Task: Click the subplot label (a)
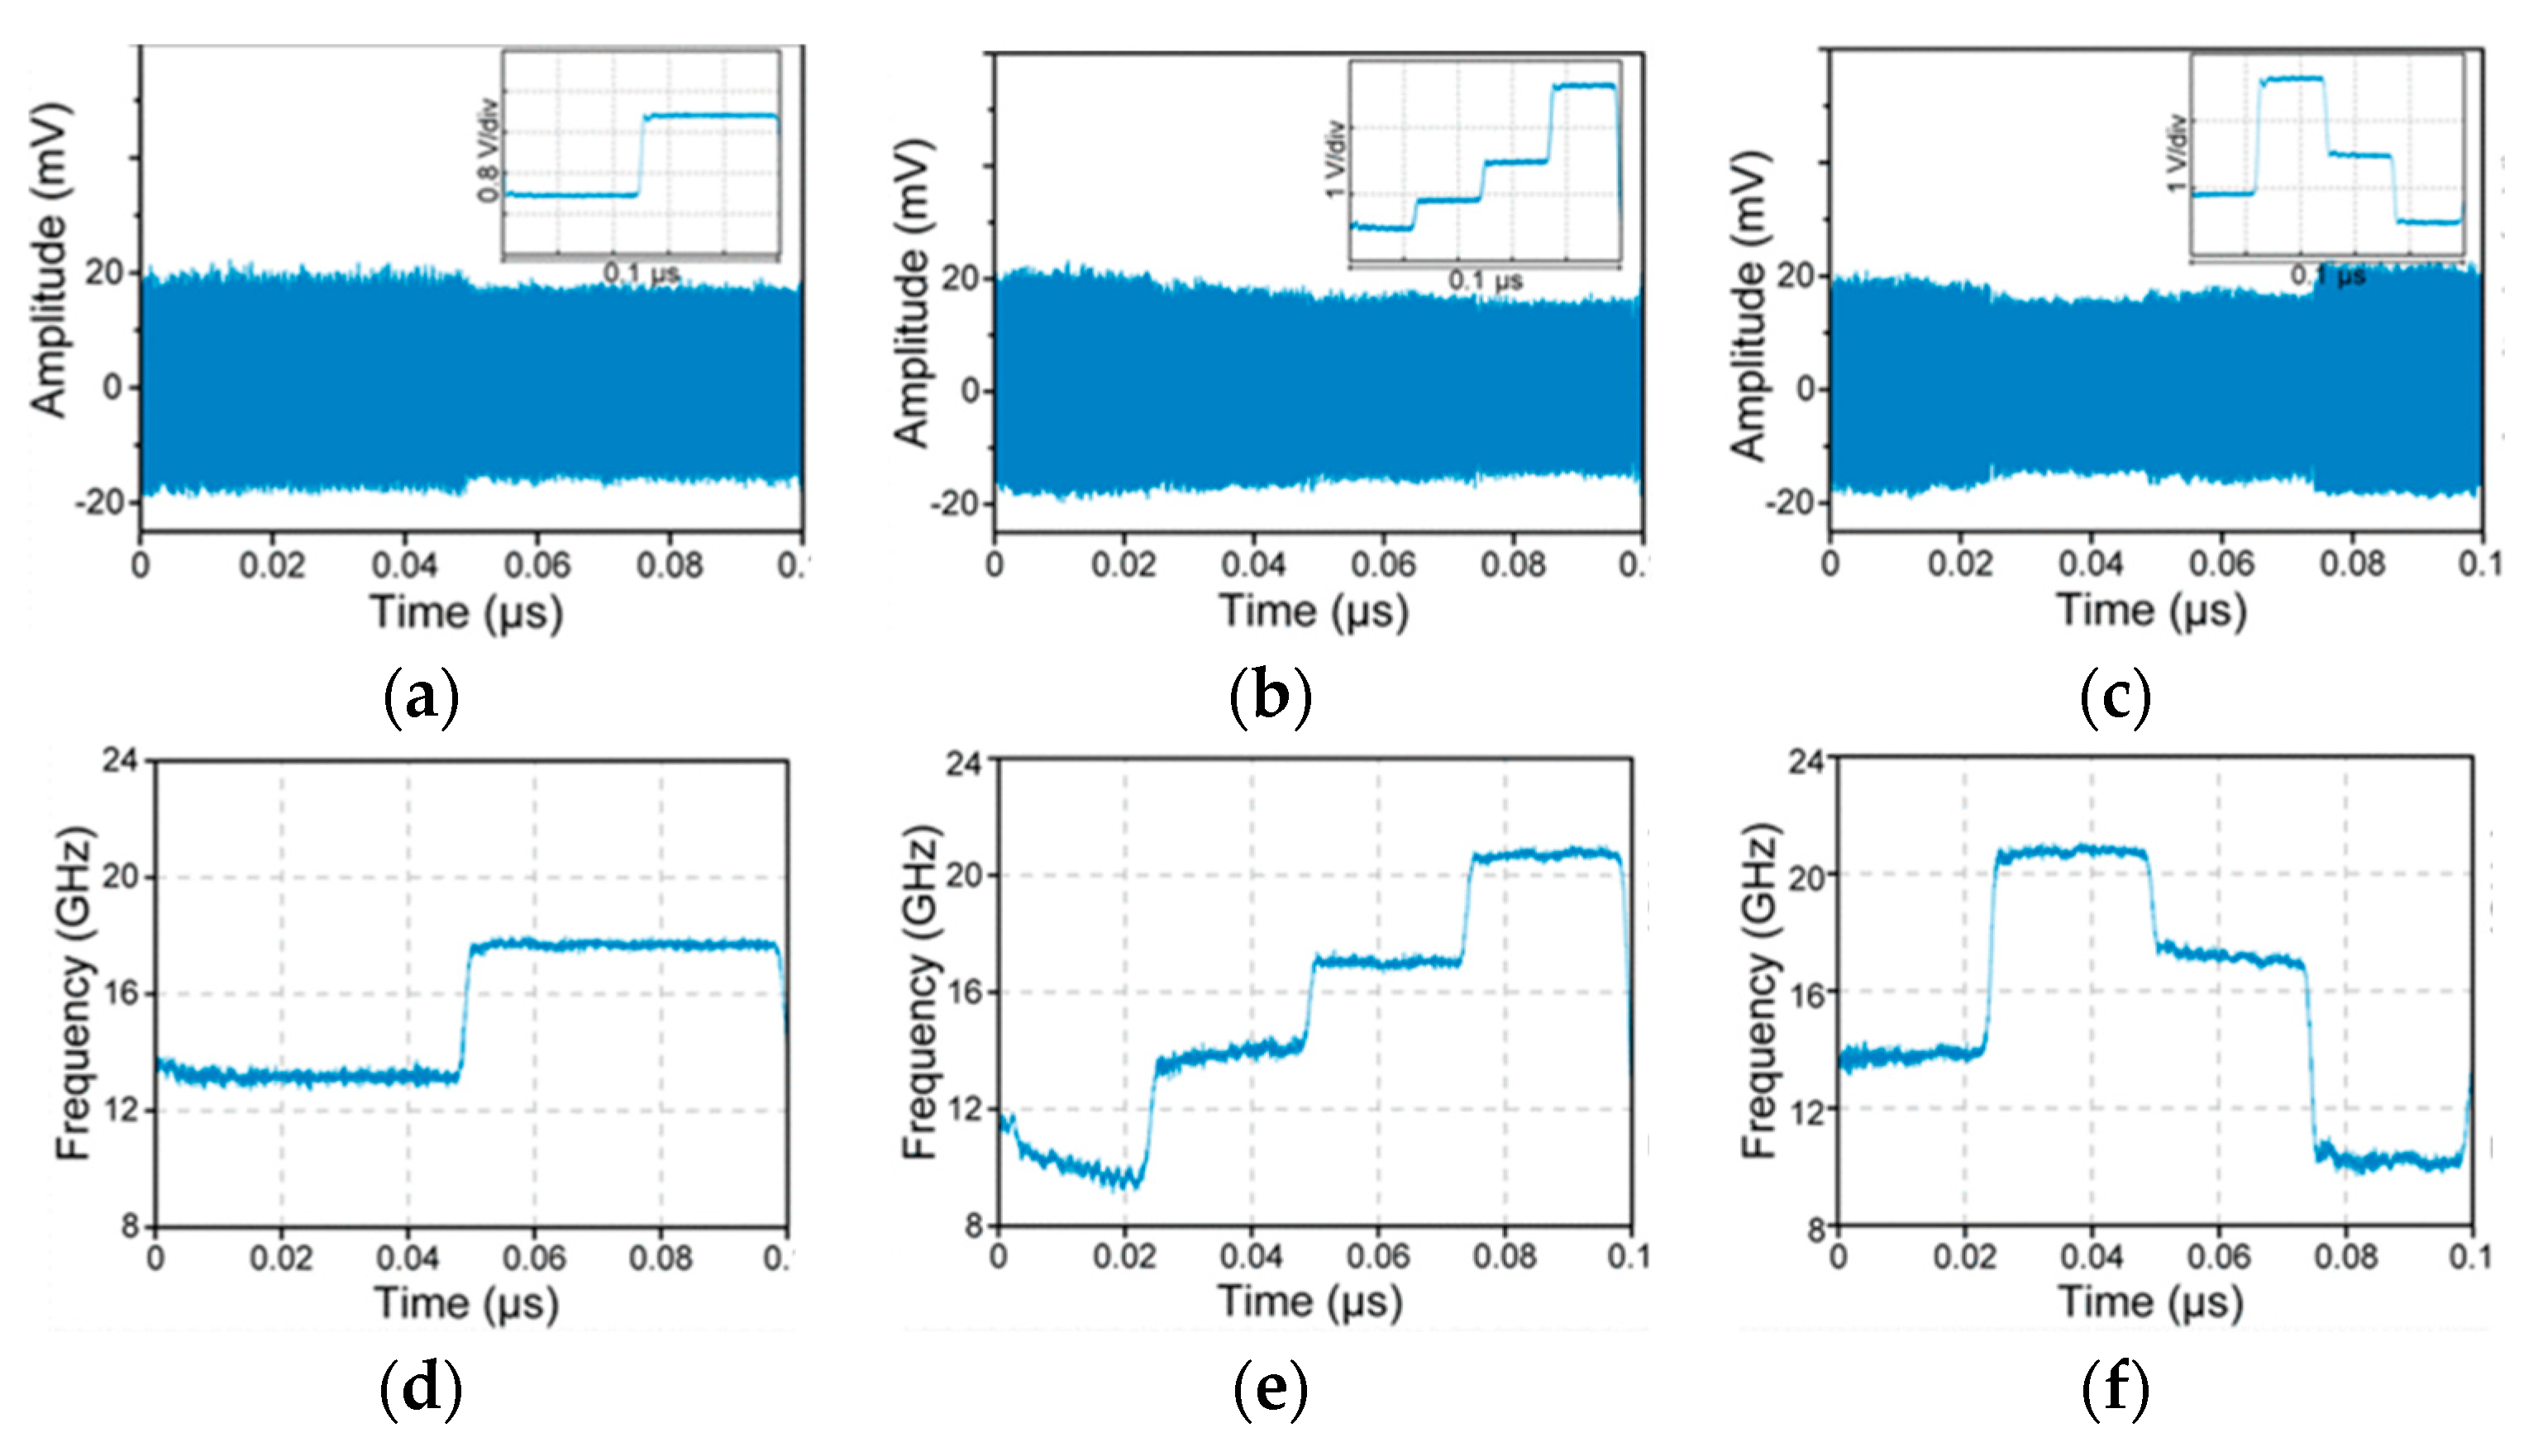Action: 421,697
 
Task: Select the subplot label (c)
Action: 2115,697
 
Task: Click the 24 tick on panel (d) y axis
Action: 120,760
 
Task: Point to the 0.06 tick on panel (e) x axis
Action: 1378,1256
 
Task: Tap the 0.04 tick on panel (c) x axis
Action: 2090,563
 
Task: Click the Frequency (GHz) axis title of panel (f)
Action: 1760,990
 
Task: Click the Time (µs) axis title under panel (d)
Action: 465,1302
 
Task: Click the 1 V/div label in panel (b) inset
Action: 1334,159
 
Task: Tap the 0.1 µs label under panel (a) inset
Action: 641,274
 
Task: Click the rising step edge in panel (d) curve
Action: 464,1010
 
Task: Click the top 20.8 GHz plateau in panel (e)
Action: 1545,854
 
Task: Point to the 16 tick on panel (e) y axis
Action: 963,992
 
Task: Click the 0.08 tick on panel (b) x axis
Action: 1512,564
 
